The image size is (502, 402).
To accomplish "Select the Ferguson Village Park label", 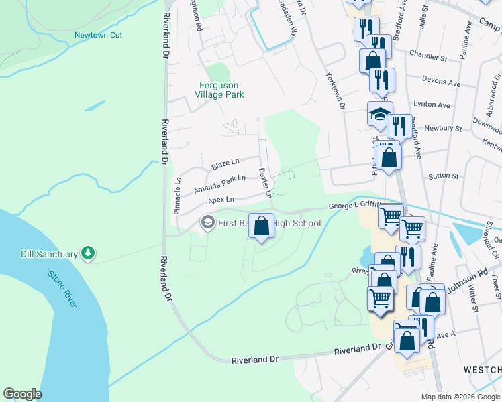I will click(x=219, y=90).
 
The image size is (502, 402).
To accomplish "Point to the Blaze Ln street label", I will click(x=225, y=164).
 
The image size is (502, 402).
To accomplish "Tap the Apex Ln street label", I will click(x=221, y=200).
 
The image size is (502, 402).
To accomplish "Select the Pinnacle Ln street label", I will click(x=178, y=194).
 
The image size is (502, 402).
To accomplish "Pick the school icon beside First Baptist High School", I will click(x=208, y=222).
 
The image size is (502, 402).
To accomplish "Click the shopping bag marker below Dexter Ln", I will click(x=262, y=226).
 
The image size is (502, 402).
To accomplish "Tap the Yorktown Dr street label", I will click(x=334, y=90).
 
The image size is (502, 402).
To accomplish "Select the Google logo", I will click(x=23, y=394).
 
